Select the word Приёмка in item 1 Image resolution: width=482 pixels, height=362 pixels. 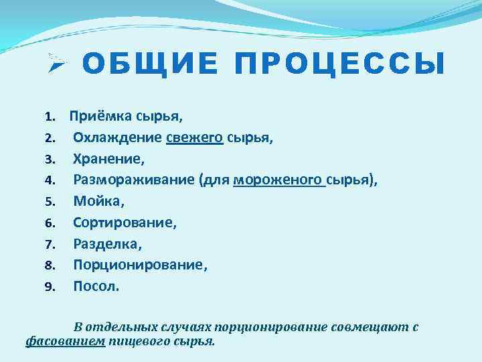(x=100, y=117)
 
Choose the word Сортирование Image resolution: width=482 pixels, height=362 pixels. (x=125, y=222)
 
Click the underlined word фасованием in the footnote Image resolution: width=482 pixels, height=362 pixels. (x=66, y=341)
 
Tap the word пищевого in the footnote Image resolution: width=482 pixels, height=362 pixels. (x=139, y=341)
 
